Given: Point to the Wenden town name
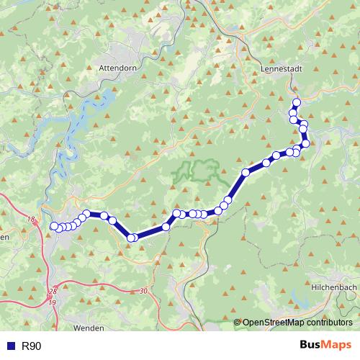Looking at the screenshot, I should tap(89, 328).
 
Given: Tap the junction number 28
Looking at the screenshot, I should tap(53, 291).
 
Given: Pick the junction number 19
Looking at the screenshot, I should tap(53, 302).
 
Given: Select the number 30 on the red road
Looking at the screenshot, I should tap(143, 290).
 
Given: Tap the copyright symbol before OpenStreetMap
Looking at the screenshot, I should tap(238, 323).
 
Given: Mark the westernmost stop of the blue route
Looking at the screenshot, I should tap(53, 227).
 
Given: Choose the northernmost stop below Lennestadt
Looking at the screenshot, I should tap(296, 102).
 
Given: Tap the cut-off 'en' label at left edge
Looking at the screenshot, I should tap(4, 237).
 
